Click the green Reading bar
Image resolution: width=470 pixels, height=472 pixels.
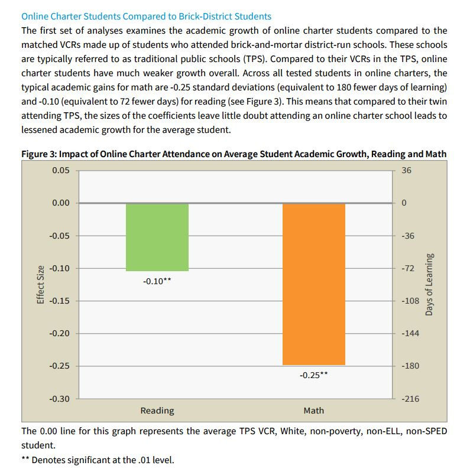coord(157,237)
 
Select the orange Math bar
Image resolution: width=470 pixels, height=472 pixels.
coord(313,284)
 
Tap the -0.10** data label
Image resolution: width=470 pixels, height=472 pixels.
coord(157,281)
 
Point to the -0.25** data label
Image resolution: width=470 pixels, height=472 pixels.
coord(313,375)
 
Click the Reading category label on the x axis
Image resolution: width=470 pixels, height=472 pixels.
coord(157,411)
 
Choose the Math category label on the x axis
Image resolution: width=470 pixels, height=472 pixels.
coord(313,411)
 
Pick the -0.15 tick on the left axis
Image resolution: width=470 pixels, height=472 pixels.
coord(59,301)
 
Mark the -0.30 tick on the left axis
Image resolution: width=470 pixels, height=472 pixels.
coord(59,399)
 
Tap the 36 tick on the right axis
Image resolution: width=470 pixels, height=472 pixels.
coord(406,171)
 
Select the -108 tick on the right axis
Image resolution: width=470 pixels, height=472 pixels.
coord(410,301)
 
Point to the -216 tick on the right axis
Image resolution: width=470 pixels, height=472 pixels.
coord(410,399)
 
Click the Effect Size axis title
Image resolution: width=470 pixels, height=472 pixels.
coord(41,284)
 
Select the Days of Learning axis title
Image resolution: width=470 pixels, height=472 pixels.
coord(429,284)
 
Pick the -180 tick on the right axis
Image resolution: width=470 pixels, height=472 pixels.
coord(410,366)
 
